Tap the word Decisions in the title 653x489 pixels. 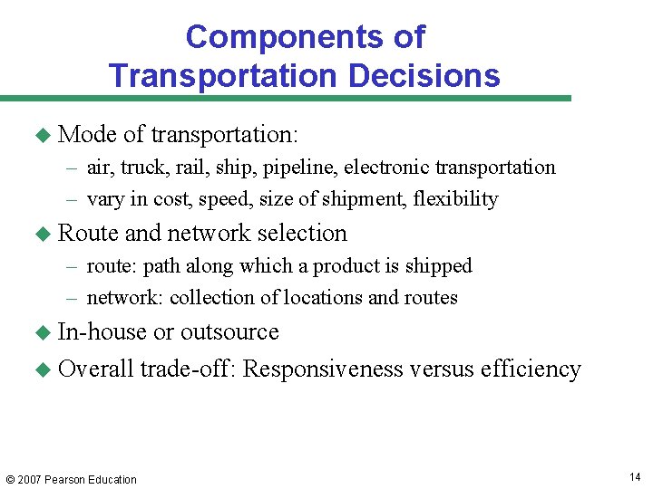424,75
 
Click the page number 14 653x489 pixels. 634,476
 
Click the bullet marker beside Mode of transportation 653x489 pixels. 41,135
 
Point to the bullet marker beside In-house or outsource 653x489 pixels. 41,332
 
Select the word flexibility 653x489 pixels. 455,199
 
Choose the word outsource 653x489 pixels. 229,332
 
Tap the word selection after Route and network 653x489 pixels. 302,234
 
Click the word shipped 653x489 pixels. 440,266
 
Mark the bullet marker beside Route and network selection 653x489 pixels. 41,234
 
